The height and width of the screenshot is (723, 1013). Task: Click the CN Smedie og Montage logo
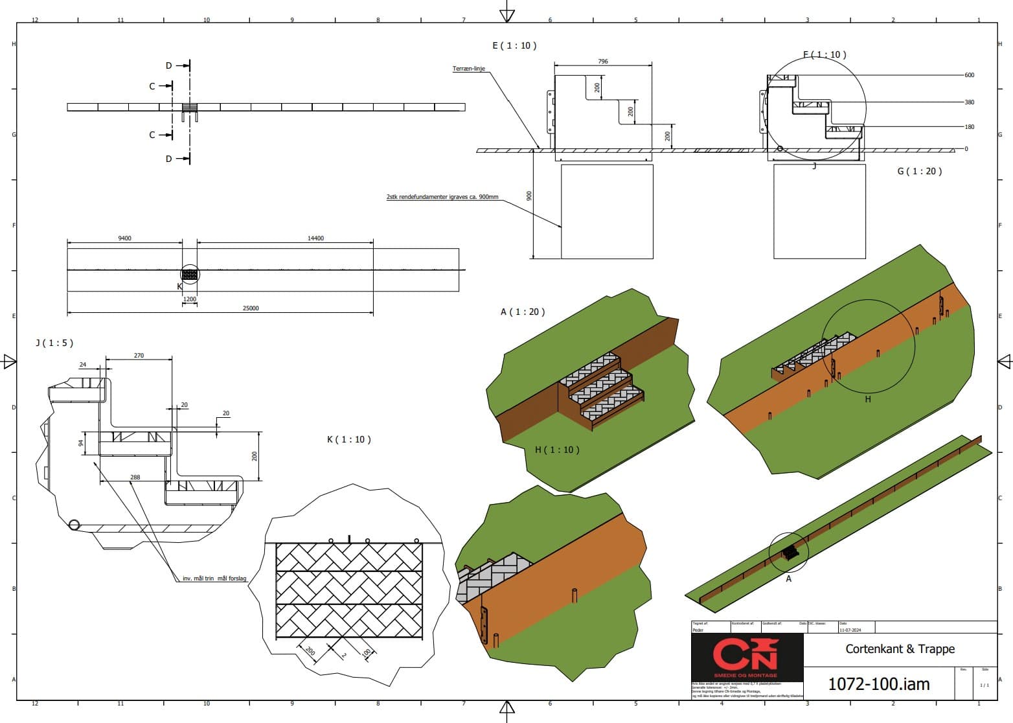(747, 656)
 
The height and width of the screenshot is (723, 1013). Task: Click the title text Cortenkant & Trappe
(900, 648)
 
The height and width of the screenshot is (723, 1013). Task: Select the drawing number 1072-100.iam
(879, 683)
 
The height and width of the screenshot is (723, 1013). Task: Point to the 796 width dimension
(603, 62)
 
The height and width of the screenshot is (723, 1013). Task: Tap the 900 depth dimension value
(529, 196)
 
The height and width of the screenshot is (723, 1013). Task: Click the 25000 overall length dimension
(251, 308)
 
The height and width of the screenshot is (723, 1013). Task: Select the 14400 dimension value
(315, 238)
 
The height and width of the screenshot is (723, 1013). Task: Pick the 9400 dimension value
(124, 238)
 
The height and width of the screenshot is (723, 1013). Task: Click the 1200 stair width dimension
(190, 299)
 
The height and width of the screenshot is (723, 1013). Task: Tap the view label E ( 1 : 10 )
(514, 45)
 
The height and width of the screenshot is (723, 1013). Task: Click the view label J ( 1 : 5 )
(54, 343)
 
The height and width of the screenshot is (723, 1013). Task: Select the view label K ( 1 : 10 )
(349, 439)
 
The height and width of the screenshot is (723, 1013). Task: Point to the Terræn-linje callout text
(468, 69)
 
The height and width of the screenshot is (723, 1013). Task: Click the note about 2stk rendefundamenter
(442, 196)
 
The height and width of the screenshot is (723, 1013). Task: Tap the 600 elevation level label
(969, 75)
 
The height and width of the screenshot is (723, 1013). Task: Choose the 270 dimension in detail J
(139, 356)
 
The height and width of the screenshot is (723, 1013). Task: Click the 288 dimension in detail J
(135, 477)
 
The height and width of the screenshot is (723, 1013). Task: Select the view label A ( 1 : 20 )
(523, 312)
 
